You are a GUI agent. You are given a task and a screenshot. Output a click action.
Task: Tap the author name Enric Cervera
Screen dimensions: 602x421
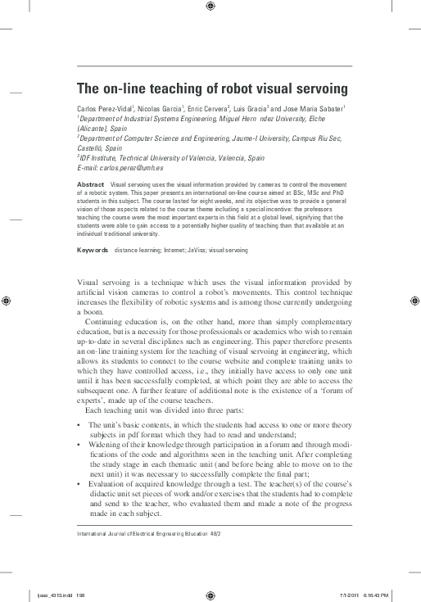(201, 108)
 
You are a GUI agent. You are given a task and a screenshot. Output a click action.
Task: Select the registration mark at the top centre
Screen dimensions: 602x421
(210, 7)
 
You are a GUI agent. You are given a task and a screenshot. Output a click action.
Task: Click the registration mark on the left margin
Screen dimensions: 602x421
(7, 301)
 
